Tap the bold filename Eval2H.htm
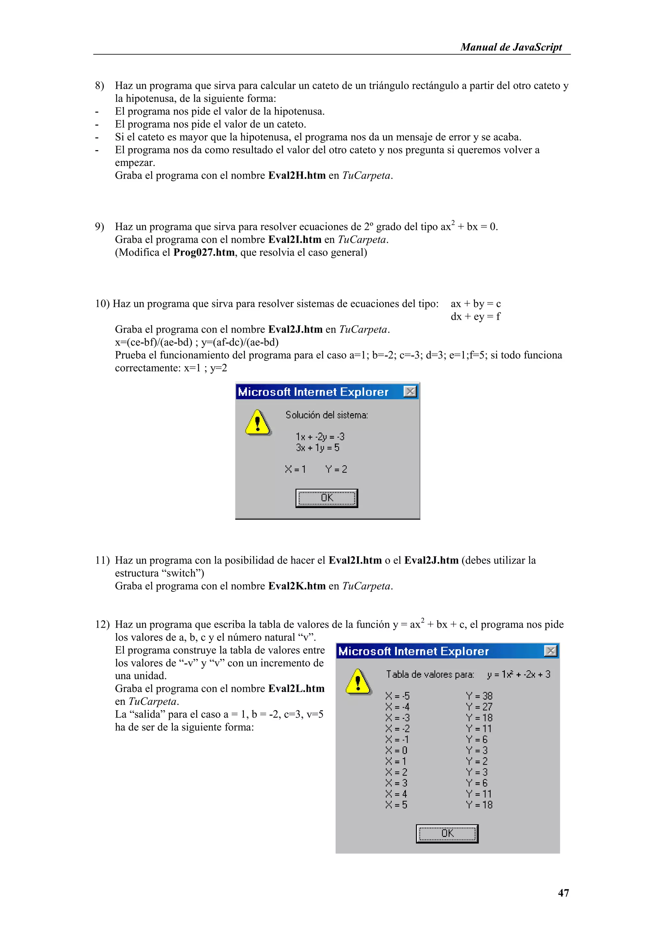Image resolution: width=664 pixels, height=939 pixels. pos(297,175)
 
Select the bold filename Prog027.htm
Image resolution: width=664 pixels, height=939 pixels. pos(204,252)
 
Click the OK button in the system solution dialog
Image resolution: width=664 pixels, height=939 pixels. pos(327,498)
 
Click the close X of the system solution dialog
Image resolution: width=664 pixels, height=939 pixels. pos(410,392)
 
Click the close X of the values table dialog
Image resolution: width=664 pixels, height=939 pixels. pos(551,651)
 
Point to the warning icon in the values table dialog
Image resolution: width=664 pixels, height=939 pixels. pos(358,682)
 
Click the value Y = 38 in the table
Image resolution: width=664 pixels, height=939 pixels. pos(479,696)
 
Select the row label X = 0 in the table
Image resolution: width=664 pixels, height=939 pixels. pos(396,751)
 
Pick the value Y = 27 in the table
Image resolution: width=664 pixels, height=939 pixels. pos(479,707)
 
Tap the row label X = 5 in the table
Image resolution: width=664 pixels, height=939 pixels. pos(396,805)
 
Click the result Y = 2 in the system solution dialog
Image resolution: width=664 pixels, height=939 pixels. pos(336,469)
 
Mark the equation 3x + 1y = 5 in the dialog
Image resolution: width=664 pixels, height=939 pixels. pos(318,448)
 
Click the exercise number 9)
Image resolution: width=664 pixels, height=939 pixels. pos(99,227)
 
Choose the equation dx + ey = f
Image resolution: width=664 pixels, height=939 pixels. pos(476,316)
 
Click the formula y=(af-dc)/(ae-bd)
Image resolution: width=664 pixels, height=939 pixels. pos(240,342)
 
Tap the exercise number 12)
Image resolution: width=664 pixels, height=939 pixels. pos(102,624)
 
